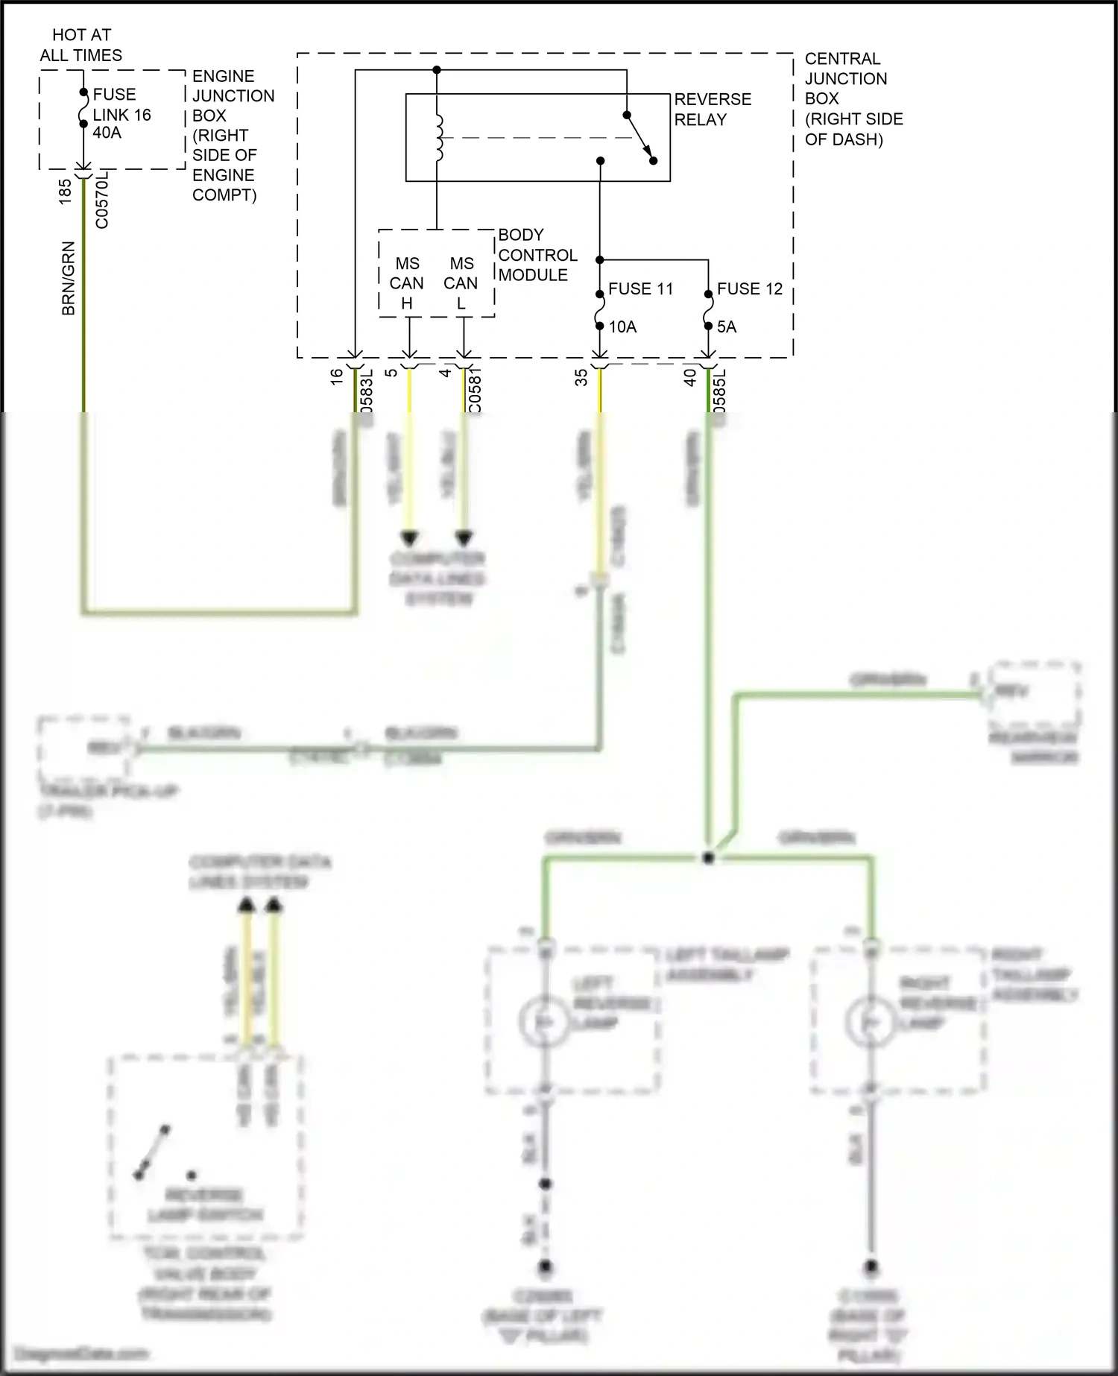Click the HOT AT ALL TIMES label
tap(80, 45)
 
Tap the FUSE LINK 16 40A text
tap(121, 114)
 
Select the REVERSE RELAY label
tap(712, 110)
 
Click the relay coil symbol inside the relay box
tap(438, 138)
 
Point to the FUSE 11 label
tap(640, 289)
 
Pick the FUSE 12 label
tap(749, 289)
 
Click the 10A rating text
tap(622, 327)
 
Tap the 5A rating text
tap(726, 327)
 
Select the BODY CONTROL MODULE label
tap(537, 255)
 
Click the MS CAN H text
tap(407, 283)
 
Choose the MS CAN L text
tap(461, 283)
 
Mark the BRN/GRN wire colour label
tap(69, 278)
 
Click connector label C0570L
tap(102, 200)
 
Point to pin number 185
tap(65, 192)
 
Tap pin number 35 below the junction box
tap(581, 378)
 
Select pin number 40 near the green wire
tap(690, 378)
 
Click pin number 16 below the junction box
tap(337, 377)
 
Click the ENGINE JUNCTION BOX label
tap(233, 135)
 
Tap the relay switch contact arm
tap(640, 138)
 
